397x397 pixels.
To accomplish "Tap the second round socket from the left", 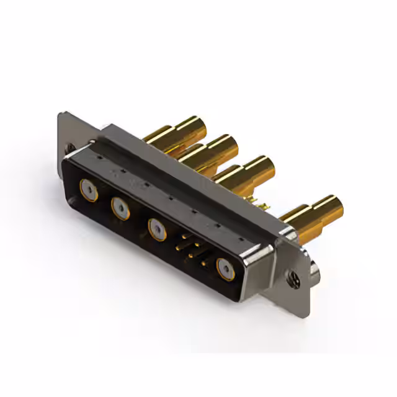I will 120,207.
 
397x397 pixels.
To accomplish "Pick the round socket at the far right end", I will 224,269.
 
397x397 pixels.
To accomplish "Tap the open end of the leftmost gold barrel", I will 198,125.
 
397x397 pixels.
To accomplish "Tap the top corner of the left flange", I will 62,114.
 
